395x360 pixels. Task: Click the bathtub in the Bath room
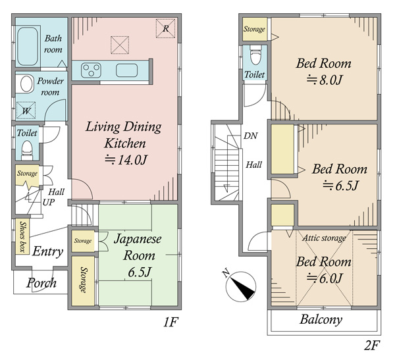click(28, 46)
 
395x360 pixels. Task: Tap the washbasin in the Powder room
click(26, 84)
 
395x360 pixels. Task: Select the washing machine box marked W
click(26, 111)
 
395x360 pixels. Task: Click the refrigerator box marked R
click(165, 28)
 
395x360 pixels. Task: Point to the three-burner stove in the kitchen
click(92, 70)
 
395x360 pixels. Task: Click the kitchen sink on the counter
click(126, 70)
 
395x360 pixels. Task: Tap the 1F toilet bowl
click(27, 149)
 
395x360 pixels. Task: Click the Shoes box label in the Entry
click(22, 236)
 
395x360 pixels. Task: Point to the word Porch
click(41, 283)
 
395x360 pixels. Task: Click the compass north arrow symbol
click(240, 286)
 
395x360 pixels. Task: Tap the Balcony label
click(321, 320)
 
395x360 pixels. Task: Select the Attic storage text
click(324, 238)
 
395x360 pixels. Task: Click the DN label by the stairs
click(250, 136)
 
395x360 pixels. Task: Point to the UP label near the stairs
click(48, 202)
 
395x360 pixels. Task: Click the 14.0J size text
click(126, 159)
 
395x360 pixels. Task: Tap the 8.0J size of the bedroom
click(324, 80)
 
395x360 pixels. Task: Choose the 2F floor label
click(371, 345)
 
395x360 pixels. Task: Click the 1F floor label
click(171, 322)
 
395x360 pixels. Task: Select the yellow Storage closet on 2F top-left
click(255, 29)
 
